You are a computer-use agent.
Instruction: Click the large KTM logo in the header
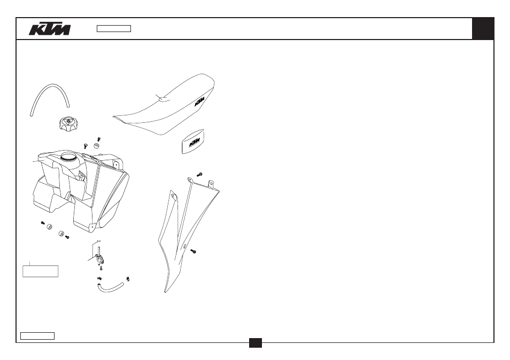click(49, 29)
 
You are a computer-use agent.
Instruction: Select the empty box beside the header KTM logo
click(114, 29)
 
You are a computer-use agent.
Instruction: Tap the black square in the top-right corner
click(483, 29)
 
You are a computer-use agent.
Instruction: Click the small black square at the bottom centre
click(256, 343)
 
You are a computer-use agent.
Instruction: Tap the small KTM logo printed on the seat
click(199, 101)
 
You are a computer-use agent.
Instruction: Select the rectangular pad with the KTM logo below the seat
click(193, 142)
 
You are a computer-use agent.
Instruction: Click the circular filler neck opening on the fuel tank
click(68, 157)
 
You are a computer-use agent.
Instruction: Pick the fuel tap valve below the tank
click(98, 257)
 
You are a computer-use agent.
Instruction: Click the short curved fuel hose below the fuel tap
click(110, 287)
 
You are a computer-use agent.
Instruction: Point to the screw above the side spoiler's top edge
click(199, 175)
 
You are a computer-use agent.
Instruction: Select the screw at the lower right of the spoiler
click(193, 251)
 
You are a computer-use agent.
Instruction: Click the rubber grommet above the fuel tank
click(97, 145)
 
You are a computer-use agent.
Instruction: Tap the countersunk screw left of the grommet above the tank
click(86, 146)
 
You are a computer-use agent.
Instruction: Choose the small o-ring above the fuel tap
click(98, 241)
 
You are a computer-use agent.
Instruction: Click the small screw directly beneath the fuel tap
click(101, 268)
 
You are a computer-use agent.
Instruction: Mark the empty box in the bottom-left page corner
click(37, 336)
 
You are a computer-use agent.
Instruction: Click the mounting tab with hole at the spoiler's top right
click(211, 184)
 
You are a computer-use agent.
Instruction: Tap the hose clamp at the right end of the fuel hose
click(128, 278)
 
